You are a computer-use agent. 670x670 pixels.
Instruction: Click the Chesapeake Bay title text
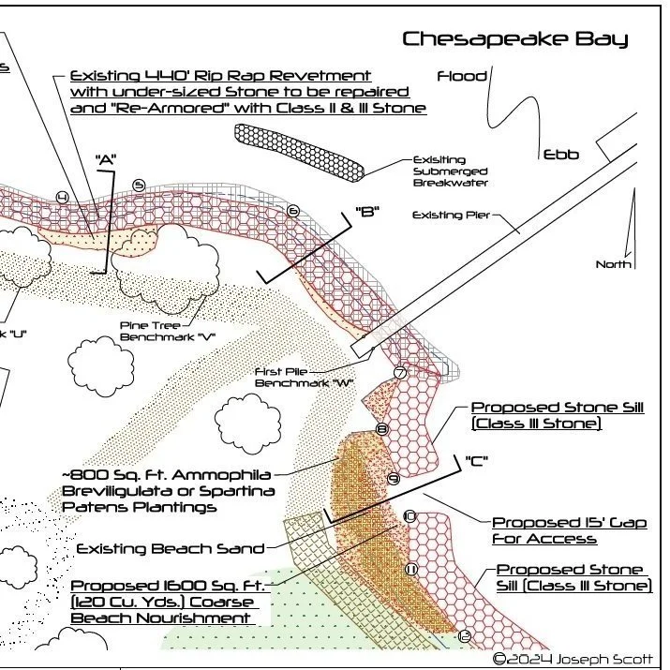(x=514, y=39)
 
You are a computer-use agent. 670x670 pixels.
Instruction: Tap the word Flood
(x=462, y=76)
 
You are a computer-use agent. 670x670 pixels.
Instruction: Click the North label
(x=613, y=264)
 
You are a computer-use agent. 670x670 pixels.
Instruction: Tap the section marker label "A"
(x=105, y=160)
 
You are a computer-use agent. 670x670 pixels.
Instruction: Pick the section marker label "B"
(x=366, y=212)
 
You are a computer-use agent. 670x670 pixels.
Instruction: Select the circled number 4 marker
(x=62, y=197)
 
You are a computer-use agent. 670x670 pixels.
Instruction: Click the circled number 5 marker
(x=139, y=186)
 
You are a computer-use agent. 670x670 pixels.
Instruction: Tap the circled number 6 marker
(x=293, y=211)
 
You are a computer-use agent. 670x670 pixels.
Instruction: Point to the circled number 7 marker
(x=400, y=372)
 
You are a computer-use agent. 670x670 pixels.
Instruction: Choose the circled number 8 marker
(x=382, y=429)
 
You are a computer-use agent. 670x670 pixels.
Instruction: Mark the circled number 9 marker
(x=395, y=479)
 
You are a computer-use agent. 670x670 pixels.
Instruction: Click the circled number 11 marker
(x=410, y=569)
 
